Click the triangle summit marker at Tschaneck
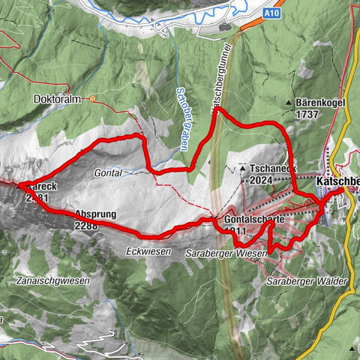pyautogui.click(x=243, y=169)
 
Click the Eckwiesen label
pyautogui.click(x=145, y=250)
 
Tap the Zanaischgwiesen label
pyautogui.click(x=52, y=280)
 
